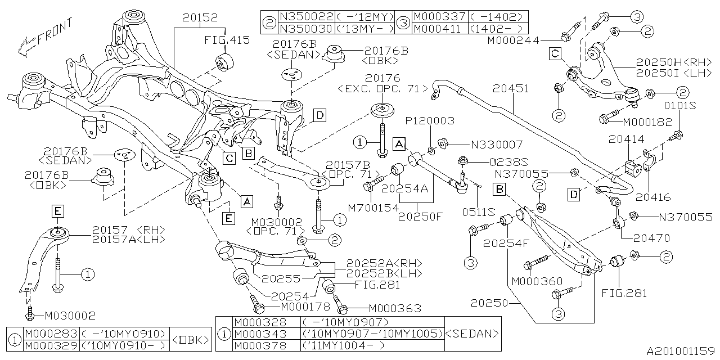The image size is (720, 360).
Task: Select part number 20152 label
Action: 200,18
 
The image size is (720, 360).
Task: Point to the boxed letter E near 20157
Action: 58,211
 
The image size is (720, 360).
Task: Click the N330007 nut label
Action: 497,145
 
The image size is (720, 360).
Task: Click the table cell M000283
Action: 51,334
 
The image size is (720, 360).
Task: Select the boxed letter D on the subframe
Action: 319,116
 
